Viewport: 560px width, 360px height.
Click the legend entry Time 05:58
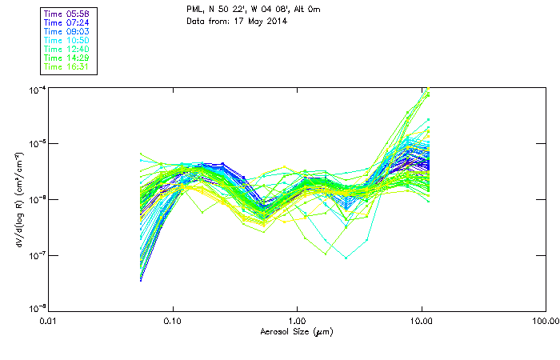(x=67, y=14)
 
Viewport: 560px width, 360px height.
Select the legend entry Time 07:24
(x=67, y=22)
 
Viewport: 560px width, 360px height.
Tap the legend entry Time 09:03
(x=67, y=31)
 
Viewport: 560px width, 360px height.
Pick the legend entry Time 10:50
(x=67, y=40)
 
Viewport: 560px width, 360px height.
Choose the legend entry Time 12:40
(x=67, y=49)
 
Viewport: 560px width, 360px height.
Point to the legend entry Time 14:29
(x=67, y=58)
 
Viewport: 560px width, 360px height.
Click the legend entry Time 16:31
(x=67, y=66)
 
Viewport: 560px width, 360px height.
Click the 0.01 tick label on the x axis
(x=49, y=321)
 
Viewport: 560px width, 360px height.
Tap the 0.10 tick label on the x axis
(x=173, y=321)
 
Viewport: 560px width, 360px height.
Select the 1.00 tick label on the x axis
(x=298, y=321)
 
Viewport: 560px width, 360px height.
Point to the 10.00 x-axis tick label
(x=421, y=321)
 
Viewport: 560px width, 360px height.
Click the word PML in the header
(x=194, y=10)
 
